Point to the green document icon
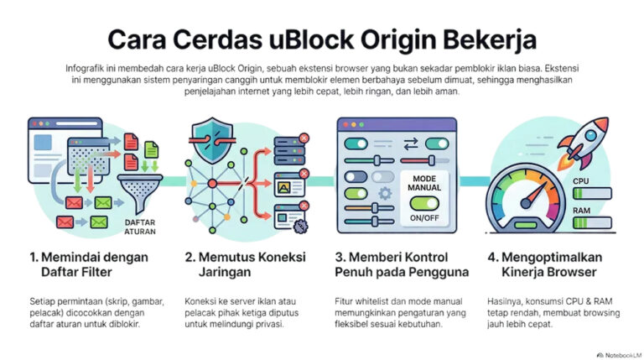tap(151, 150)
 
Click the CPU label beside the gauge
tap(581, 180)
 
